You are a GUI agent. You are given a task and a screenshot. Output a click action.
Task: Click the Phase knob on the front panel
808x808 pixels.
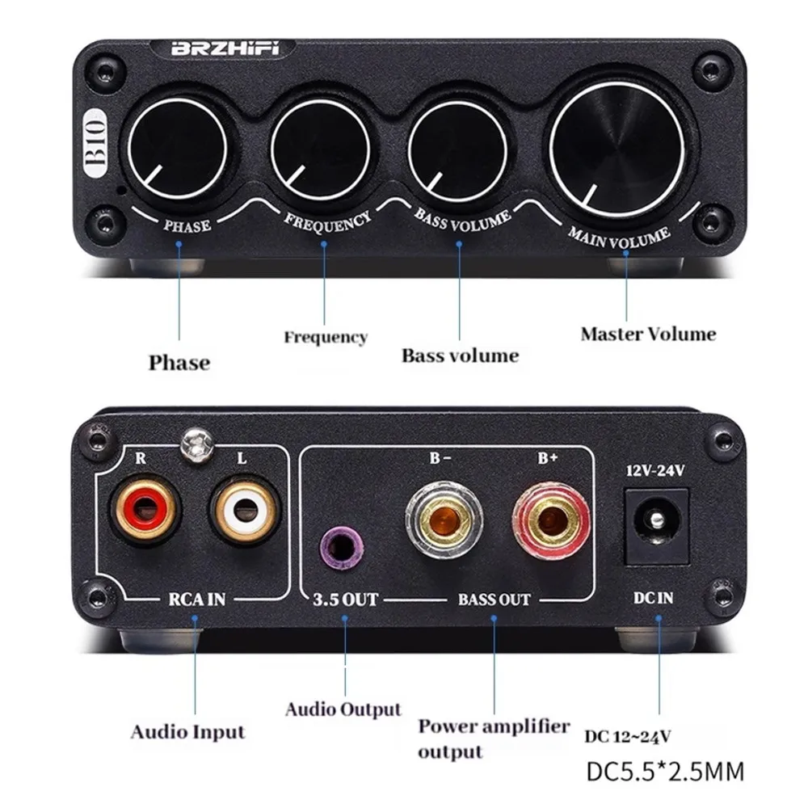coord(180,149)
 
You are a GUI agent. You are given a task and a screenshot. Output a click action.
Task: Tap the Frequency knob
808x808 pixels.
coord(317,149)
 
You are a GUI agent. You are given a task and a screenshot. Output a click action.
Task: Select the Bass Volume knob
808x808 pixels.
coord(455,149)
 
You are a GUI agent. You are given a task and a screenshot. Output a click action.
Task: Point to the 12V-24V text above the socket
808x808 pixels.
coord(656,471)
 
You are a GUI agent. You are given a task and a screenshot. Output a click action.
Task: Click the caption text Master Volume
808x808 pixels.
coord(648,334)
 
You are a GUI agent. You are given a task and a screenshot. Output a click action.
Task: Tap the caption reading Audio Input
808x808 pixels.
coord(187,733)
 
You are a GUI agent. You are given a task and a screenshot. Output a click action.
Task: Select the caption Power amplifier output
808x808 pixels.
coord(493,738)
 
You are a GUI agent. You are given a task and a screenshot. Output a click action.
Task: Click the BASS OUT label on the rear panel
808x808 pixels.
coord(494,600)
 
